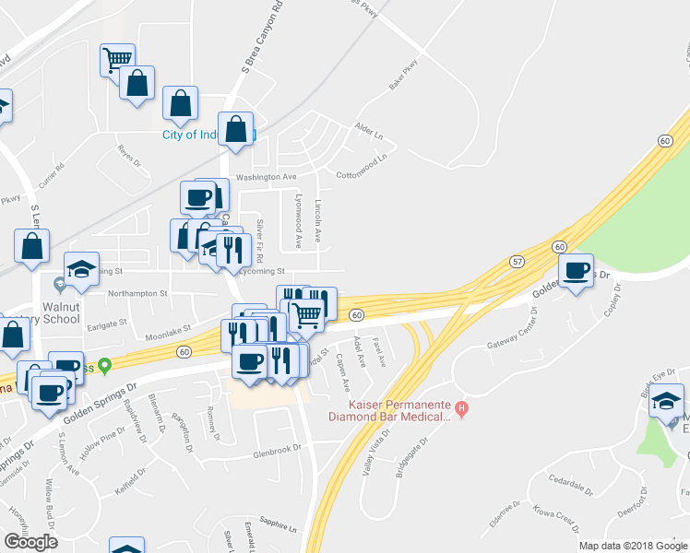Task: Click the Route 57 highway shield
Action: tap(517, 263)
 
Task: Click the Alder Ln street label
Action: tap(369, 131)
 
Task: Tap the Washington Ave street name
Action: tap(265, 176)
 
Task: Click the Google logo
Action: tap(30, 542)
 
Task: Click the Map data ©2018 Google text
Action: tap(632, 546)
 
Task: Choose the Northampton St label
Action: tap(137, 294)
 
